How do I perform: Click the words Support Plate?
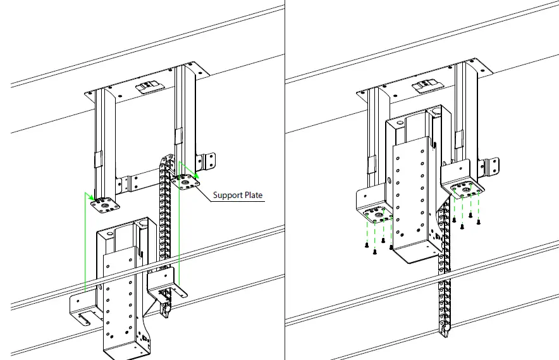pos(238,196)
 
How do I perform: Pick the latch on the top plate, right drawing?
pos(423,85)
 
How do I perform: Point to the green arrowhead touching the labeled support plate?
pos(197,175)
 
